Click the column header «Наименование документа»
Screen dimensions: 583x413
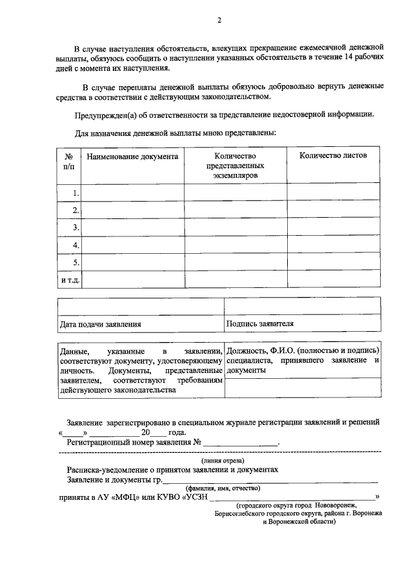[132, 157]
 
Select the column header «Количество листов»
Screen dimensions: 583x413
[332, 157]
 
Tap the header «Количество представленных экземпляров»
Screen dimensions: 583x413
[235, 166]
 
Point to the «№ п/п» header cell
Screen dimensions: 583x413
[69, 161]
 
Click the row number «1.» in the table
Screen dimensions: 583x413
[76, 193]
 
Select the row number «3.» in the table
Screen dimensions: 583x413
[76, 227]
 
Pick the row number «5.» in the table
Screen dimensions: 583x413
[76, 262]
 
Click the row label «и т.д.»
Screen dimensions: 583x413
[70, 280]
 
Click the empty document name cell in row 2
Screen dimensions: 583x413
[133, 210]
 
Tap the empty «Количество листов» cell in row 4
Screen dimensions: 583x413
[332, 245]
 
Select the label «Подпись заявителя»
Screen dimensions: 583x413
[260, 323]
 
